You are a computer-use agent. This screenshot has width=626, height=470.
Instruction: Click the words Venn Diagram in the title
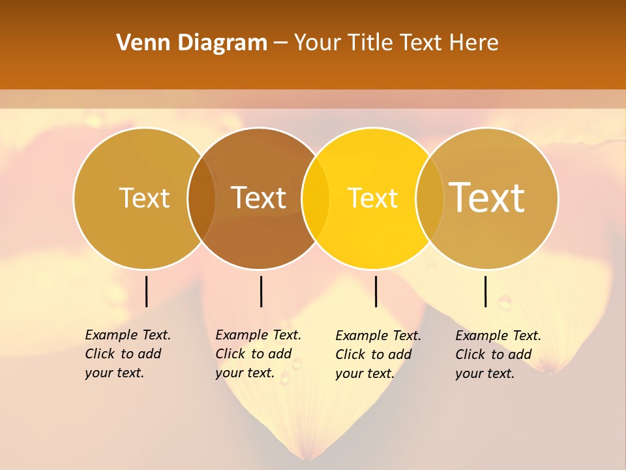pyautogui.click(x=192, y=43)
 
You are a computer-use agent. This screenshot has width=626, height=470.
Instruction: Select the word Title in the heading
pyautogui.click(x=372, y=43)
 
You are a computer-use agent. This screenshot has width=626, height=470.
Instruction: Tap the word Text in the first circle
pyautogui.click(x=144, y=198)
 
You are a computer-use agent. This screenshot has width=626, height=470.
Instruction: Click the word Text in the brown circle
pyautogui.click(x=259, y=198)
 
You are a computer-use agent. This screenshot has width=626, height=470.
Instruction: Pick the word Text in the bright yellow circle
pyautogui.click(x=372, y=198)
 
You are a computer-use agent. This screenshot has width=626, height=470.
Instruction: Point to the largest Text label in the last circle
pyautogui.click(x=487, y=197)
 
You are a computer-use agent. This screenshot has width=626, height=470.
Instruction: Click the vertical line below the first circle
pyautogui.click(x=147, y=291)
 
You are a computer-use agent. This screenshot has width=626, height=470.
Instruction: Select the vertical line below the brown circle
pyautogui.click(x=261, y=291)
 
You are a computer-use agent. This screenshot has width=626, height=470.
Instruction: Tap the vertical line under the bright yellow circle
pyautogui.click(x=376, y=291)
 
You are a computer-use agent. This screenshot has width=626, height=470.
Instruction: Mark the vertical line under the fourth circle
pyautogui.click(x=486, y=291)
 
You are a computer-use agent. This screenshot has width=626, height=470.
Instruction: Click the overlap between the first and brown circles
pyautogui.click(x=201, y=198)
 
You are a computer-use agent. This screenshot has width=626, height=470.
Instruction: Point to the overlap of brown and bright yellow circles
pyautogui.click(x=316, y=198)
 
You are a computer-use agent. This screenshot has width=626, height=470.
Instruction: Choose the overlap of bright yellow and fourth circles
pyautogui.click(x=430, y=198)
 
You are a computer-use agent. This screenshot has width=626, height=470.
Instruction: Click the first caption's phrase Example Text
pyautogui.click(x=128, y=335)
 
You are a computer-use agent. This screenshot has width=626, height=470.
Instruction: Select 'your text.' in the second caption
pyautogui.click(x=245, y=373)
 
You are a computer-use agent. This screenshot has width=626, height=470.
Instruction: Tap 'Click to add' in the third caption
pyautogui.click(x=374, y=354)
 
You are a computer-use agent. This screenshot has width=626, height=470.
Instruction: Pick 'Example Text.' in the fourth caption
pyautogui.click(x=498, y=336)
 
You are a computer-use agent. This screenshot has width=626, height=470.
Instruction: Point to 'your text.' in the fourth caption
pyautogui.click(x=484, y=373)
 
